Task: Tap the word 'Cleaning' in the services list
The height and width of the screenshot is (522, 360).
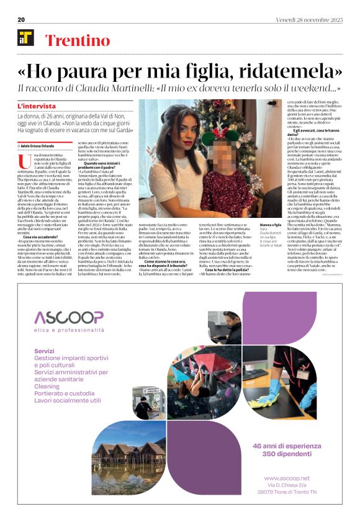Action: [48, 384]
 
